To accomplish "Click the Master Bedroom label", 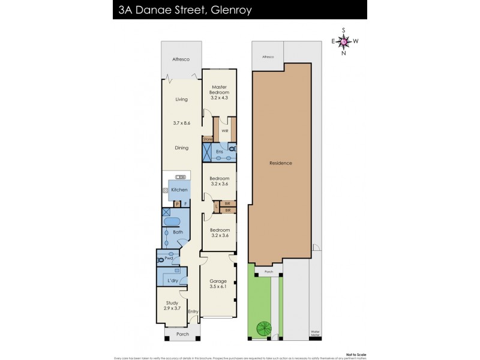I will [218, 89].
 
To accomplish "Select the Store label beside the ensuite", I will [208, 139].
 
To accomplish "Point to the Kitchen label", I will [179, 190].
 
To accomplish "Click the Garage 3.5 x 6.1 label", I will [217, 284].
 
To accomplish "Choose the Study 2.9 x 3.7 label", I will [172, 305].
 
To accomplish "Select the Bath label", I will [178, 232].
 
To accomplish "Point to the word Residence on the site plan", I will [280, 163].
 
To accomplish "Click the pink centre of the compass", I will [343, 41].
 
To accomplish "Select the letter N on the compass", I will [343, 53].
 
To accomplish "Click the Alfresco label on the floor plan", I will [181, 59].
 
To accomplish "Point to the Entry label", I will [193, 311].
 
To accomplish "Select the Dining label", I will [181, 148].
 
